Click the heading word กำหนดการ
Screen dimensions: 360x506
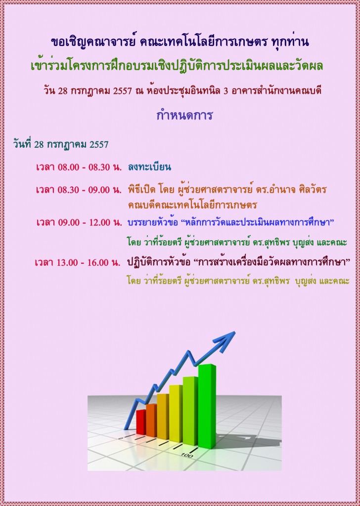pos(184,114)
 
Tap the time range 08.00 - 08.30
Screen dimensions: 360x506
pos(84,167)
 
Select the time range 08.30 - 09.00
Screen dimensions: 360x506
pos(84,189)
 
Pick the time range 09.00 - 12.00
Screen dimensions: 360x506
pos(84,222)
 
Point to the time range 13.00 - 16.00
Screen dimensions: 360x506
pos(82,262)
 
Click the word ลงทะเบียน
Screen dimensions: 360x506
pos(149,167)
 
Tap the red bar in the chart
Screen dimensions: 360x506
pos(141,422)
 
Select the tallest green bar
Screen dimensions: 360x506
pos(207,406)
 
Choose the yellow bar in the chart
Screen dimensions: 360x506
pos(176,414)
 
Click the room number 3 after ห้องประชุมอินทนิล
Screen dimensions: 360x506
pos(225,91)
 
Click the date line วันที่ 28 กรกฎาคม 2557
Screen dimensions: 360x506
pos(61,144)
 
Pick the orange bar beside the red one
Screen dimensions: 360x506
pos(151,420)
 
